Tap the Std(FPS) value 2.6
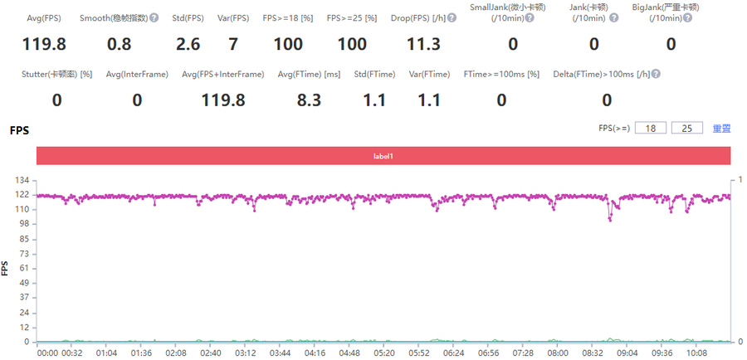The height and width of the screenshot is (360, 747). [190, 43]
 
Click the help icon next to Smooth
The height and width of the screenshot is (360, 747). [154, 17]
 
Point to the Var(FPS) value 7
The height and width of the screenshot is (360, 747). [234, 43]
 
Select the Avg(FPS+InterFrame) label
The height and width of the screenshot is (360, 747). [222, 75]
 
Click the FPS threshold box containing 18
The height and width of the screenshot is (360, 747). [656, 129]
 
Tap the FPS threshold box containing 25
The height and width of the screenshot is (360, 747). [686, 129]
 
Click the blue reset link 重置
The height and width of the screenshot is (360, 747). [722, 129]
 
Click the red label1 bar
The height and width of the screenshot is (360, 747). [383, 155]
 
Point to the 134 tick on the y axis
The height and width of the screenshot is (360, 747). [24, 180]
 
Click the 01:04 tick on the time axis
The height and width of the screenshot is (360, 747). [106, 353]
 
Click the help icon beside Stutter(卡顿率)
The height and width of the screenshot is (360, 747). [86, 75]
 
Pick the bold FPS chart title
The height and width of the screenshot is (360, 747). [19, 131]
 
